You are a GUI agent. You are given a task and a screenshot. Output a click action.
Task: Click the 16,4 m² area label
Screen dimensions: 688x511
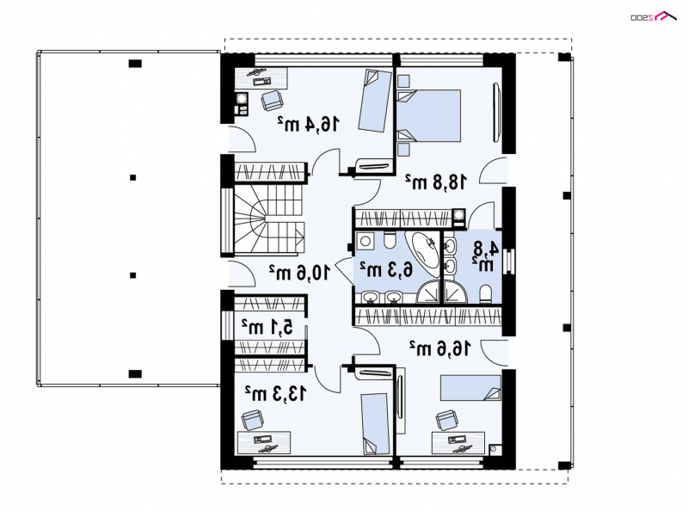309,124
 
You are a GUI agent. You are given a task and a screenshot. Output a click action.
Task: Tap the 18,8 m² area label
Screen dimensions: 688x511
436,182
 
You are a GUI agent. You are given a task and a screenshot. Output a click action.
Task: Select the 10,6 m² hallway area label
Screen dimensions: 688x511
298,273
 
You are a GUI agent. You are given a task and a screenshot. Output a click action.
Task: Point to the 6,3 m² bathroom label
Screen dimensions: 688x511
386,269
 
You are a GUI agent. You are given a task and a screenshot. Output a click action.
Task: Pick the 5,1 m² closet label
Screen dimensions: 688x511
267,327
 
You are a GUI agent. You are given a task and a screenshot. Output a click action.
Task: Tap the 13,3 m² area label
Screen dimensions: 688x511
275,394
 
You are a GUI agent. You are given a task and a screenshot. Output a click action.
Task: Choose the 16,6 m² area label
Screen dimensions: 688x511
440,348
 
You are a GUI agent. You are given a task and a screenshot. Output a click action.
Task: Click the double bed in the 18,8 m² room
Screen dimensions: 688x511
428,116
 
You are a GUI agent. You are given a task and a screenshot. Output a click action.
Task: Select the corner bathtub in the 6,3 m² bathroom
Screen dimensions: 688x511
422,253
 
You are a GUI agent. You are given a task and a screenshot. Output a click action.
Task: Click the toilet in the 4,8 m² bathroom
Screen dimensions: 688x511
486,293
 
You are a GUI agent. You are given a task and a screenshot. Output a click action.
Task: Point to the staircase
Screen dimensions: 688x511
268,220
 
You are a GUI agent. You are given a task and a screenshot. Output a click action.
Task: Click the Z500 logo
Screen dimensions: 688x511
653,16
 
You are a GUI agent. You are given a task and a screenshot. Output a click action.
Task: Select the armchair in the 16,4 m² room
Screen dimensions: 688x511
272,101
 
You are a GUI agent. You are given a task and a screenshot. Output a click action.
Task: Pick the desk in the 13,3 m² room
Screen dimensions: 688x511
264,442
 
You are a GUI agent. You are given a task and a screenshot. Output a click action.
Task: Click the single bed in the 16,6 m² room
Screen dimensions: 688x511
470,388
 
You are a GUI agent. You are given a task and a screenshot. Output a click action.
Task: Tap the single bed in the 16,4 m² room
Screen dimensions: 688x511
375,101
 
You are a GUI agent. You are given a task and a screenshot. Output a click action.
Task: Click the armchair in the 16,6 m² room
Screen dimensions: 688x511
446,420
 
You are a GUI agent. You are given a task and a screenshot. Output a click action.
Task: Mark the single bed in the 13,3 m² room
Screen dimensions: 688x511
375,423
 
